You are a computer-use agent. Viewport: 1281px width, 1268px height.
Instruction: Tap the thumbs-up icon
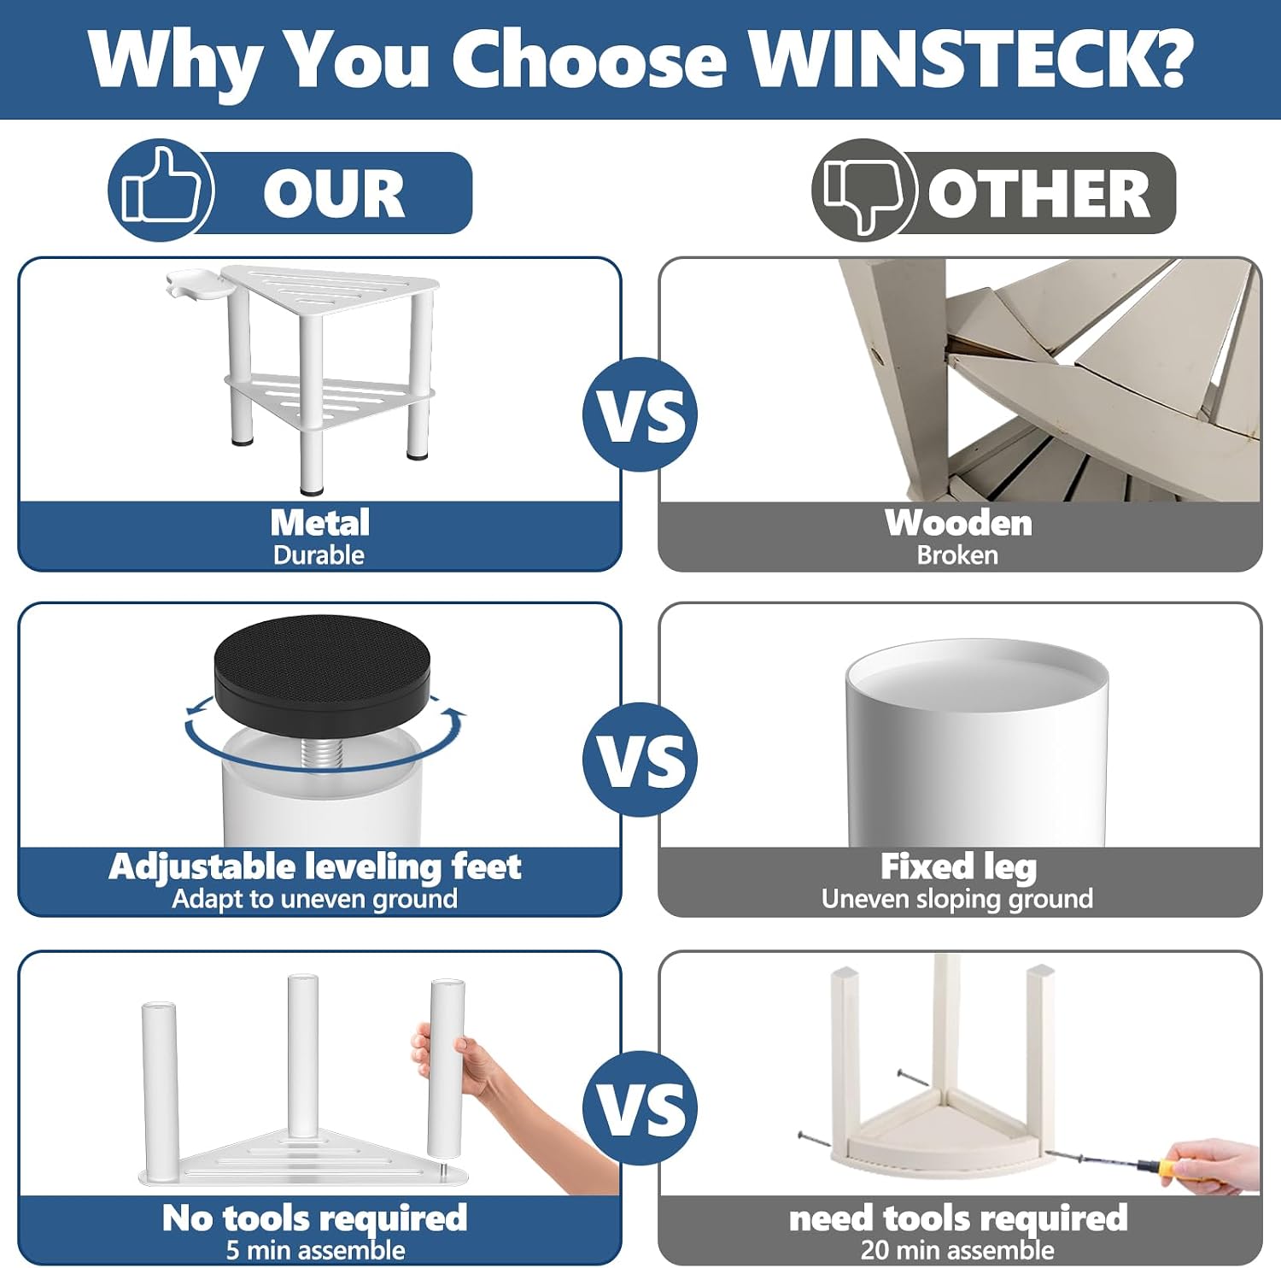(x=161, y=190)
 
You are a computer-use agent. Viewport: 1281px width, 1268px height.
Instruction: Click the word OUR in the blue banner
(x=333, y=193)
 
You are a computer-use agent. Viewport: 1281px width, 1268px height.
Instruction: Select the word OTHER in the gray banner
(x=1038, y=193)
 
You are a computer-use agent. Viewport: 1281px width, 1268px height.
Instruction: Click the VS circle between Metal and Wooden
(x=640, y=414)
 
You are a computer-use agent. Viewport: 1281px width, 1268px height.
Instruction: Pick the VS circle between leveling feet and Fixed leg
(x=640, y=760)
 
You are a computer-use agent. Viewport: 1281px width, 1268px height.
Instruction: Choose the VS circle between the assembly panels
(x=640, y=1108)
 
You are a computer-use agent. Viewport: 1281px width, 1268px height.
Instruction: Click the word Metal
(x=320, y=522)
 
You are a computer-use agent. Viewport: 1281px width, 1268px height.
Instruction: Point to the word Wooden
(x=958, y=522)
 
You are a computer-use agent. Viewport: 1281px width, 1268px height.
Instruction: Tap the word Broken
(x=957, y=555)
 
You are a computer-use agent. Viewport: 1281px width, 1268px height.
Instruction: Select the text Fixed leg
(x=958, y=866)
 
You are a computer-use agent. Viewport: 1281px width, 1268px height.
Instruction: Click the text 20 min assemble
(x=957, y=1250)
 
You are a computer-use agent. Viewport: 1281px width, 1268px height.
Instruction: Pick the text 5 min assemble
(x=316, y=1250)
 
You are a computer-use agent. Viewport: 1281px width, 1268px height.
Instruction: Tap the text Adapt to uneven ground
(x=314, y=899)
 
